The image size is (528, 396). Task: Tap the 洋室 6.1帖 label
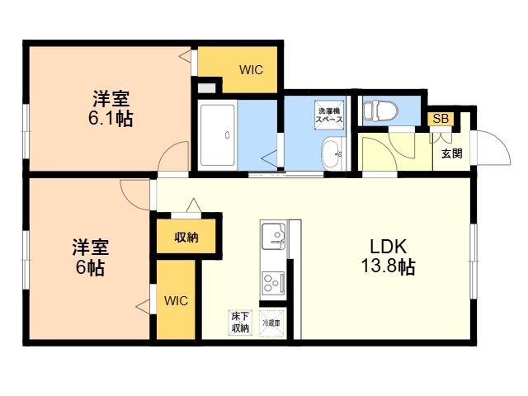tap(110, 108)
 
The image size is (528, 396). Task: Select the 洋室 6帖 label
tap(87, 257)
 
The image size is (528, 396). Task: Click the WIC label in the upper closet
tap(251, 69)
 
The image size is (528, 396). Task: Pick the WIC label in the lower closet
tap(176, 300)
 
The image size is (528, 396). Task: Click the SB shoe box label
tap(441, 119)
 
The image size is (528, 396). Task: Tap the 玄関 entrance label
tap(451, 153)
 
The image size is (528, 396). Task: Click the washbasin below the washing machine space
tap(332, 153)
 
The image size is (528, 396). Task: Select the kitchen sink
tap(273, 238)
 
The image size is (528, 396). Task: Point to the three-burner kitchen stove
tap(272, 283)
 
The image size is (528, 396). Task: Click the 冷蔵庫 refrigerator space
tap(271, 323)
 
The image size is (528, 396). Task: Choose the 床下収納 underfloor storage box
tap(240, 323)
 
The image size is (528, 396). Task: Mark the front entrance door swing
tap(488, 148)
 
